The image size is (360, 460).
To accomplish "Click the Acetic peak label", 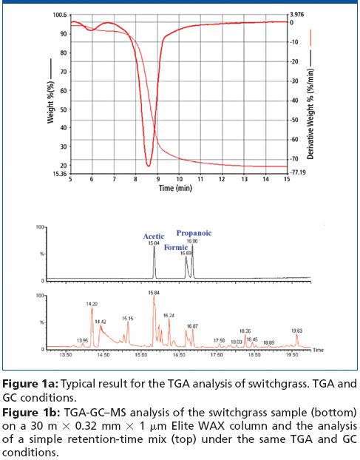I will click(x=154, y=236).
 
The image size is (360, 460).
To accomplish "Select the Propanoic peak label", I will click(x=193, y=232).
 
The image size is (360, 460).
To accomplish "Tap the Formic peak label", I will click(x=175, y=246).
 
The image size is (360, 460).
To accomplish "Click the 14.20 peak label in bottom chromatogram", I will click(x=92, y=303).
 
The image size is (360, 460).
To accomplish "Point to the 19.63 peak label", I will click(x=296, y=331).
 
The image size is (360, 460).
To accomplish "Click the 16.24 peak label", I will click(x=169, y=315).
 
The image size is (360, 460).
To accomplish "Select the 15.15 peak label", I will click(x=128, y=318).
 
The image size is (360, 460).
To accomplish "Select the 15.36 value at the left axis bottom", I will click(x=58, y=175).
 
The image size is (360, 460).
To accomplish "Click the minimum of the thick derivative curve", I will click(x=149, y=165).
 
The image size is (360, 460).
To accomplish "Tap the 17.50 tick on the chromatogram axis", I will click(x=219, y=355).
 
